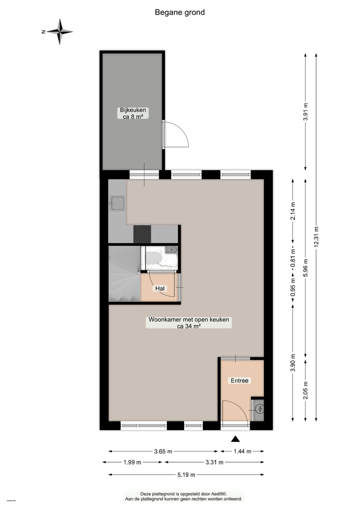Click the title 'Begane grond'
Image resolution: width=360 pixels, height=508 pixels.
[x=179, y=12]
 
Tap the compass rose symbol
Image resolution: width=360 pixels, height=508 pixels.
[x=59, y=31]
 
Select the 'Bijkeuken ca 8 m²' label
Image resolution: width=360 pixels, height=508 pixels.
[x=132, y=113]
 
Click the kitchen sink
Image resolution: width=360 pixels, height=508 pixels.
[x=118, y=203]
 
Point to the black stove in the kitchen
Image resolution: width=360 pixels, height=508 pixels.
[x=142, y=234]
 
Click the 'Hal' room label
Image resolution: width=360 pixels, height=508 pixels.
[x=160, y=289]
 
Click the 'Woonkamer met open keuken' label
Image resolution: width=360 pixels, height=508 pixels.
[x=188, y=323]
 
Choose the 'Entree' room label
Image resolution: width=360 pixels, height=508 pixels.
[x=239, y=381]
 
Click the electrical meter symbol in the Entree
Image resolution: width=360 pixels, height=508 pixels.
[x=259, y=410]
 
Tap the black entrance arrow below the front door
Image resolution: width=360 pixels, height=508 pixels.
[x=235, y=439]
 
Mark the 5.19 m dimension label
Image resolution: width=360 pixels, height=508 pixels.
[x=185, y=475]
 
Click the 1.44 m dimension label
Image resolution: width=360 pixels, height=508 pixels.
[x=242, y=451]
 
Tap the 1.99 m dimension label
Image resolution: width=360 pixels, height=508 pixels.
[x=132, y=463]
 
